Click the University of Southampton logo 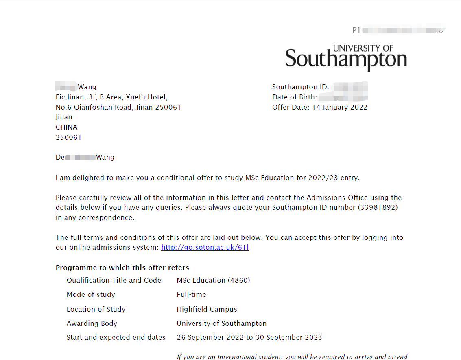(346, 57)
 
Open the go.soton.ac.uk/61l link (205, 247)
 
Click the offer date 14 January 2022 (340, 107)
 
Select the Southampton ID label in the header (300, 87)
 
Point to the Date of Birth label (294, 97)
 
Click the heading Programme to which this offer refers (122, 268)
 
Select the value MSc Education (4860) (213, 280)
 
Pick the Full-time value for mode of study (191, 294)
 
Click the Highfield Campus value (207, 309)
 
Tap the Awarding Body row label (92, 323)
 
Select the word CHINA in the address (66, 127)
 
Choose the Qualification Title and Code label (114, 280)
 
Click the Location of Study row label (96, 309)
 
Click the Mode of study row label (91, 294)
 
